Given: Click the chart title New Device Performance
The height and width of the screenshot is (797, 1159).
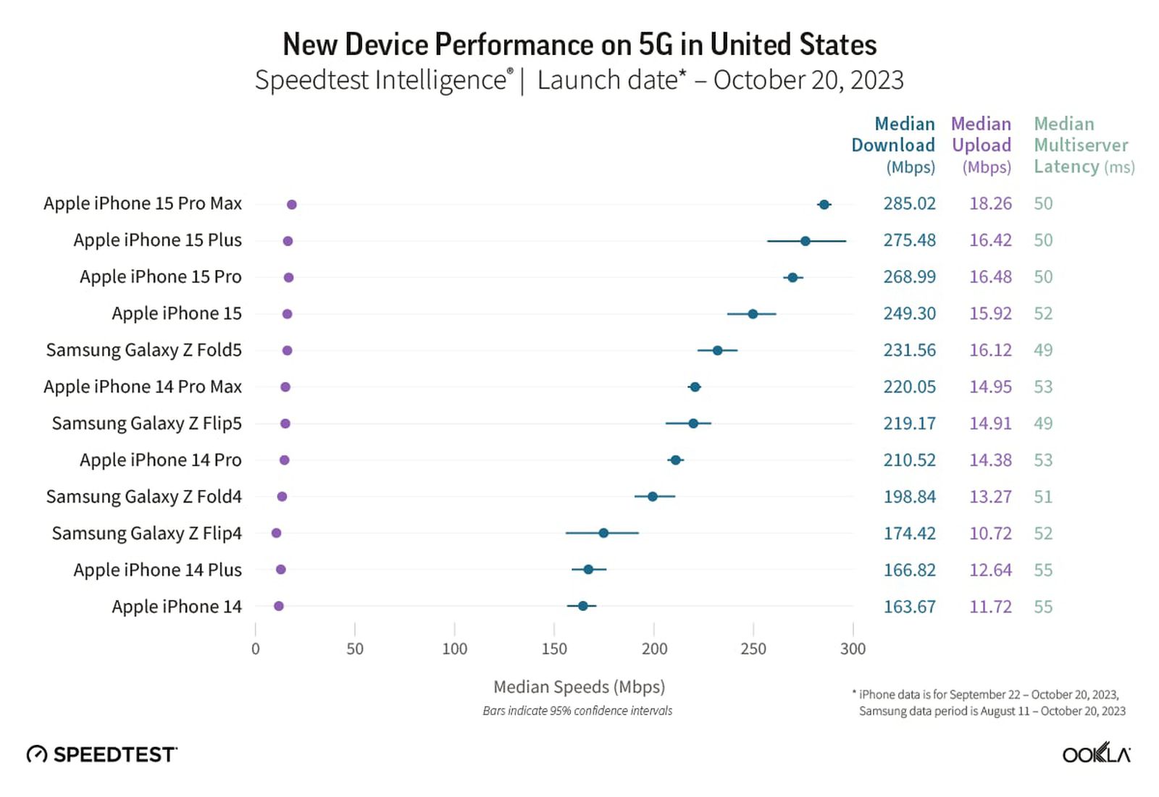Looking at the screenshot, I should point(579,45).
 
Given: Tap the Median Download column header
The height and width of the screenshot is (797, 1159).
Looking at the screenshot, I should point(894,145).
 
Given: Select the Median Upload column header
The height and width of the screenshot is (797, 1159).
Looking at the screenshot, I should point(982,145).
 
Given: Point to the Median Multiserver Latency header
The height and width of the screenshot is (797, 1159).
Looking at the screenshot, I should point(1082,145).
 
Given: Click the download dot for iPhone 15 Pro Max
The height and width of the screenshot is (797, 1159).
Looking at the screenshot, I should point(824,205).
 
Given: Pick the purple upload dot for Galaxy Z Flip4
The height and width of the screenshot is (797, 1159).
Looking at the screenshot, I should point(276,534).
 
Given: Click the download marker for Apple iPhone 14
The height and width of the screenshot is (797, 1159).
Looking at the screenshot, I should point(582,606).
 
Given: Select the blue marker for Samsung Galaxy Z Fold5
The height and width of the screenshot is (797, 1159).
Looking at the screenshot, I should point(717,350).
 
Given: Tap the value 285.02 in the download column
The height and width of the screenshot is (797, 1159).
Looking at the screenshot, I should point(909,204).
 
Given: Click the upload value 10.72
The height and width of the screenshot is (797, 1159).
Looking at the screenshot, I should point(990,534).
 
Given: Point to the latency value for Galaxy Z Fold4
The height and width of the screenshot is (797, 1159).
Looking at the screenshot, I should point(1043,497).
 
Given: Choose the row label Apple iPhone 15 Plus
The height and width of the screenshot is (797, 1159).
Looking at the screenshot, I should point(157,240).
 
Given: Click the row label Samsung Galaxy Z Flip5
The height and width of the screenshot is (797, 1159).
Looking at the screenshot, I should point(146,423).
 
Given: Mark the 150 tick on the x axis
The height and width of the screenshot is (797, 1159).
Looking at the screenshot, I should point(554,648).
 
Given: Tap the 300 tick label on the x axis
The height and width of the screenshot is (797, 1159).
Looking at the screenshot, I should point(853,648).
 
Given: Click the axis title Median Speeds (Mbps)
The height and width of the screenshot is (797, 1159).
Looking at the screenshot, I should point(579,686).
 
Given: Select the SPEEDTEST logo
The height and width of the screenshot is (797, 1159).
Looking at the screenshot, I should point(102,754).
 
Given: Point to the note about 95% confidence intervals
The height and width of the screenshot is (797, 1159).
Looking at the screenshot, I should point(577,711).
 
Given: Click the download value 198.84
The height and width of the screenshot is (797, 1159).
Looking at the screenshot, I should point(909,497).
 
